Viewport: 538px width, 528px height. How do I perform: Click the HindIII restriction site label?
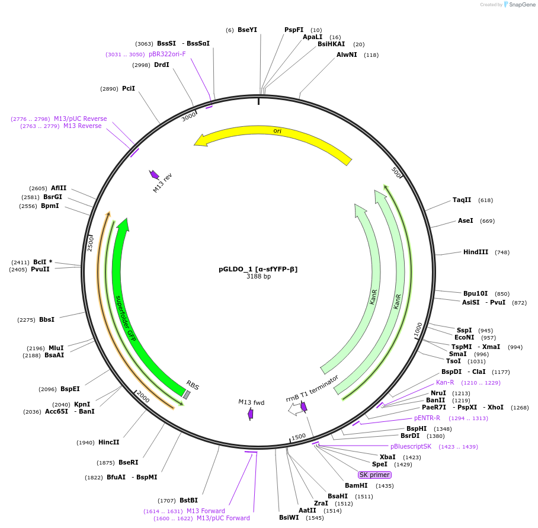(x=476, y=252)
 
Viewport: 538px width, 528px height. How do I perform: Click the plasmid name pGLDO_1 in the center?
(x=258, y=269)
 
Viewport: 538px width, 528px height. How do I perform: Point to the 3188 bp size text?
(x=258, y=277)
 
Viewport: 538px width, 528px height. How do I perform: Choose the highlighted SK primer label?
(x=374, y=475)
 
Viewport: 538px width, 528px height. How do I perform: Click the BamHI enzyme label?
(x=356, y=485)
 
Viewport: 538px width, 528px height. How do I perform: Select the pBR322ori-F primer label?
(x=167, y=54)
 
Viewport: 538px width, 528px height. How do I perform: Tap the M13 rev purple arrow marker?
(x=154, y=174)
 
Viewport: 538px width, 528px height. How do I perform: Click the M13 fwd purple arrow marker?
(x=251, y=414)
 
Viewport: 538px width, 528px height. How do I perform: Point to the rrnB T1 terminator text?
(x=312, y=388)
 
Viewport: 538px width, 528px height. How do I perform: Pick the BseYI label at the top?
(x=247, y=30)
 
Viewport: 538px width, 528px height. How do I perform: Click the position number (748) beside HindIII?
(x=502, y=252)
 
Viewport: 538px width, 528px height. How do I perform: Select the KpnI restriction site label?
(x=82, y=404)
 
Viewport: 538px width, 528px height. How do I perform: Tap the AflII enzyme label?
(x=59, y=188)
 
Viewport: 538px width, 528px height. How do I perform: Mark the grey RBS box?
(x=187, y=395)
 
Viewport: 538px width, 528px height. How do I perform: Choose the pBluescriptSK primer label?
(x=411, y=446)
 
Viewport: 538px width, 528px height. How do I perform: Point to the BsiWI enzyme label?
(x=289, y=517)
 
